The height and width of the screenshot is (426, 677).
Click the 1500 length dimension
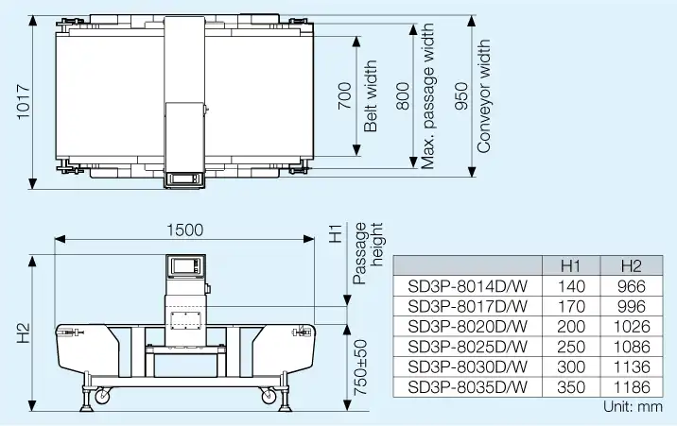[x=185, y=230]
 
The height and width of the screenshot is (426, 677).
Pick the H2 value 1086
[x=631, y=347]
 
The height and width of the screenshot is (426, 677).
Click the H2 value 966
[x=631, y=286]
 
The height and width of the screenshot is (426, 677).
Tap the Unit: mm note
[x=632, y=407]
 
